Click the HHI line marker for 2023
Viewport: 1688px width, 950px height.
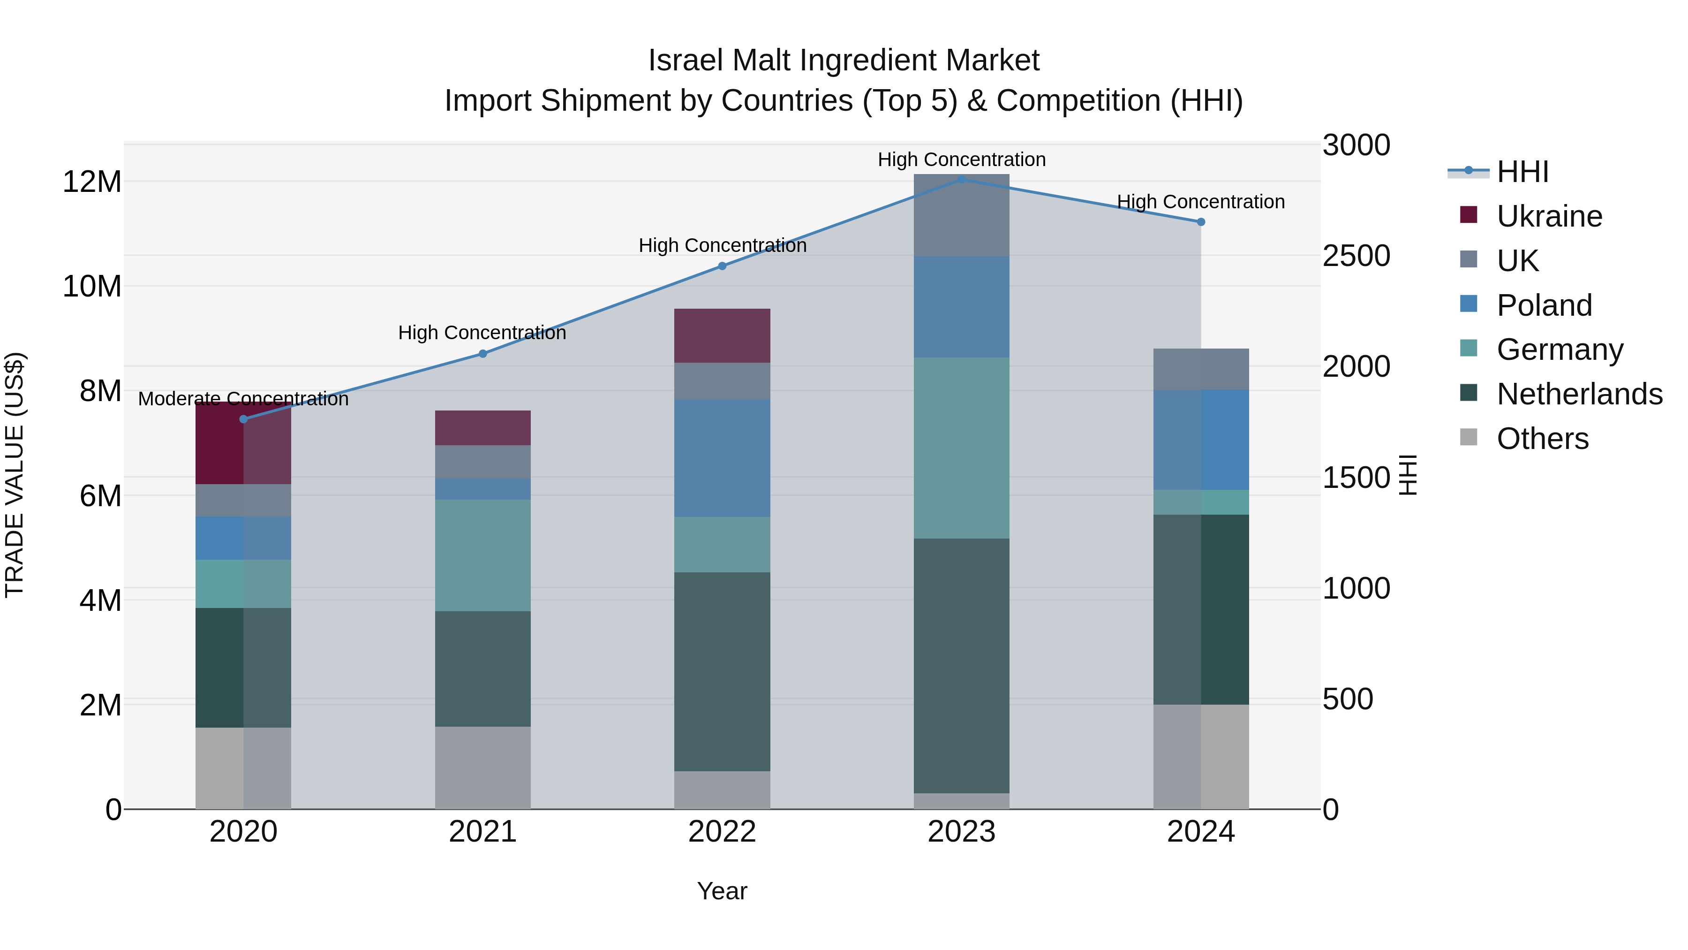tap(961, 179)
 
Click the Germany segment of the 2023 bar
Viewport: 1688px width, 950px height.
tap(961, 448)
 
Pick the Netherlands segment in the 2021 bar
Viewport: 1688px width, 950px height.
tap(483, 669)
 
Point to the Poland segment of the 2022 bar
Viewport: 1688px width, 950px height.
tap(722, 457)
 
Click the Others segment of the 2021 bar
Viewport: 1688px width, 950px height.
tap(483, 768)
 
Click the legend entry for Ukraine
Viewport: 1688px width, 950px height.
tap(1549, 216)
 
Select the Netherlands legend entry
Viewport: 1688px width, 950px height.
tap(1579, 394)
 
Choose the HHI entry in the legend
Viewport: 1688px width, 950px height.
tap(1522, 172)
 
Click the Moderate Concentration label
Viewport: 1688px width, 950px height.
tap(243, 399)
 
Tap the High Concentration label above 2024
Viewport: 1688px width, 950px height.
tap(1200, 202)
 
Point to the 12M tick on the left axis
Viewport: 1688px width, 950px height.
tap(92, 182)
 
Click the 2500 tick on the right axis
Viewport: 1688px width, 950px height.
tap(1356, 256)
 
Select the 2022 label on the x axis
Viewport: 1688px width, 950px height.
tap(722, 832)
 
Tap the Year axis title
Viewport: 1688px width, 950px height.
tap(722, 891)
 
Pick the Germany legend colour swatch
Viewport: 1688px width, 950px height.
tap(1469, 348)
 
